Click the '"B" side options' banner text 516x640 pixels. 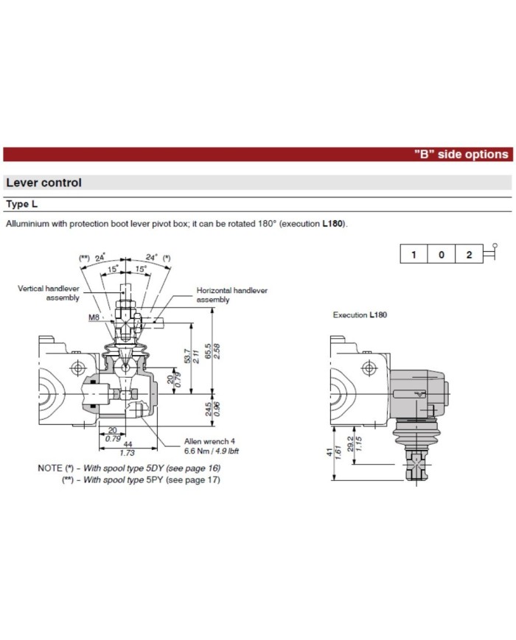(x=460, y=155)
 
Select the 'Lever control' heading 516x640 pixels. (x=43, y=183)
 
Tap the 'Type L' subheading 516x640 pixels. (x=22, y=203)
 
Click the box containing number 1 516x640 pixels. (x=414, y=255)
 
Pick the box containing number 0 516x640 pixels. (x=442, y=255)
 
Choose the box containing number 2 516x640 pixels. (x=469, y=255)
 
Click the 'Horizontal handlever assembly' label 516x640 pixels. (x=231, y=295)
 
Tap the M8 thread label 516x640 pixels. (x=94, y=317)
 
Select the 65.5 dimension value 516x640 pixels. (x=209, y=351)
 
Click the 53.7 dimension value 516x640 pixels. (x=186, y=356)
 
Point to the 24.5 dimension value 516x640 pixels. (x=209, y=408)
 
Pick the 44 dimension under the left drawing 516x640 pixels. (x=127, y=445)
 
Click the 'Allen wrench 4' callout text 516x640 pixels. (x=209, y=441)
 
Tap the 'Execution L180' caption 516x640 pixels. (x=360, y=314)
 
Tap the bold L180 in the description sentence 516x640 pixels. (x=332, y=223)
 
